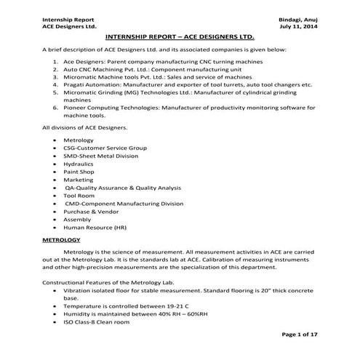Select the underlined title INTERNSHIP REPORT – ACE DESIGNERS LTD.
click(180, 36)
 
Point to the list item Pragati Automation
click(95, 84)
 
